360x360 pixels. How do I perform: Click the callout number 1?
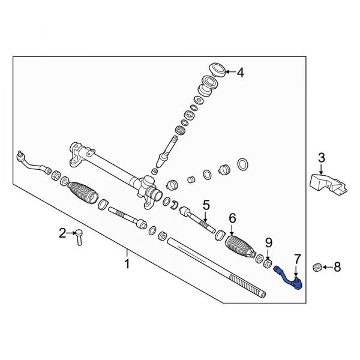(x=127, y=262)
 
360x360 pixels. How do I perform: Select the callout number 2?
(x=61, y=233)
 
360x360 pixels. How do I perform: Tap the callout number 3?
(x=321, y=158)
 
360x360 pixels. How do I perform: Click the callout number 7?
(x=296, y=259)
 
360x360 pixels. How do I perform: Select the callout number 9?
(x=269, y=243)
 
